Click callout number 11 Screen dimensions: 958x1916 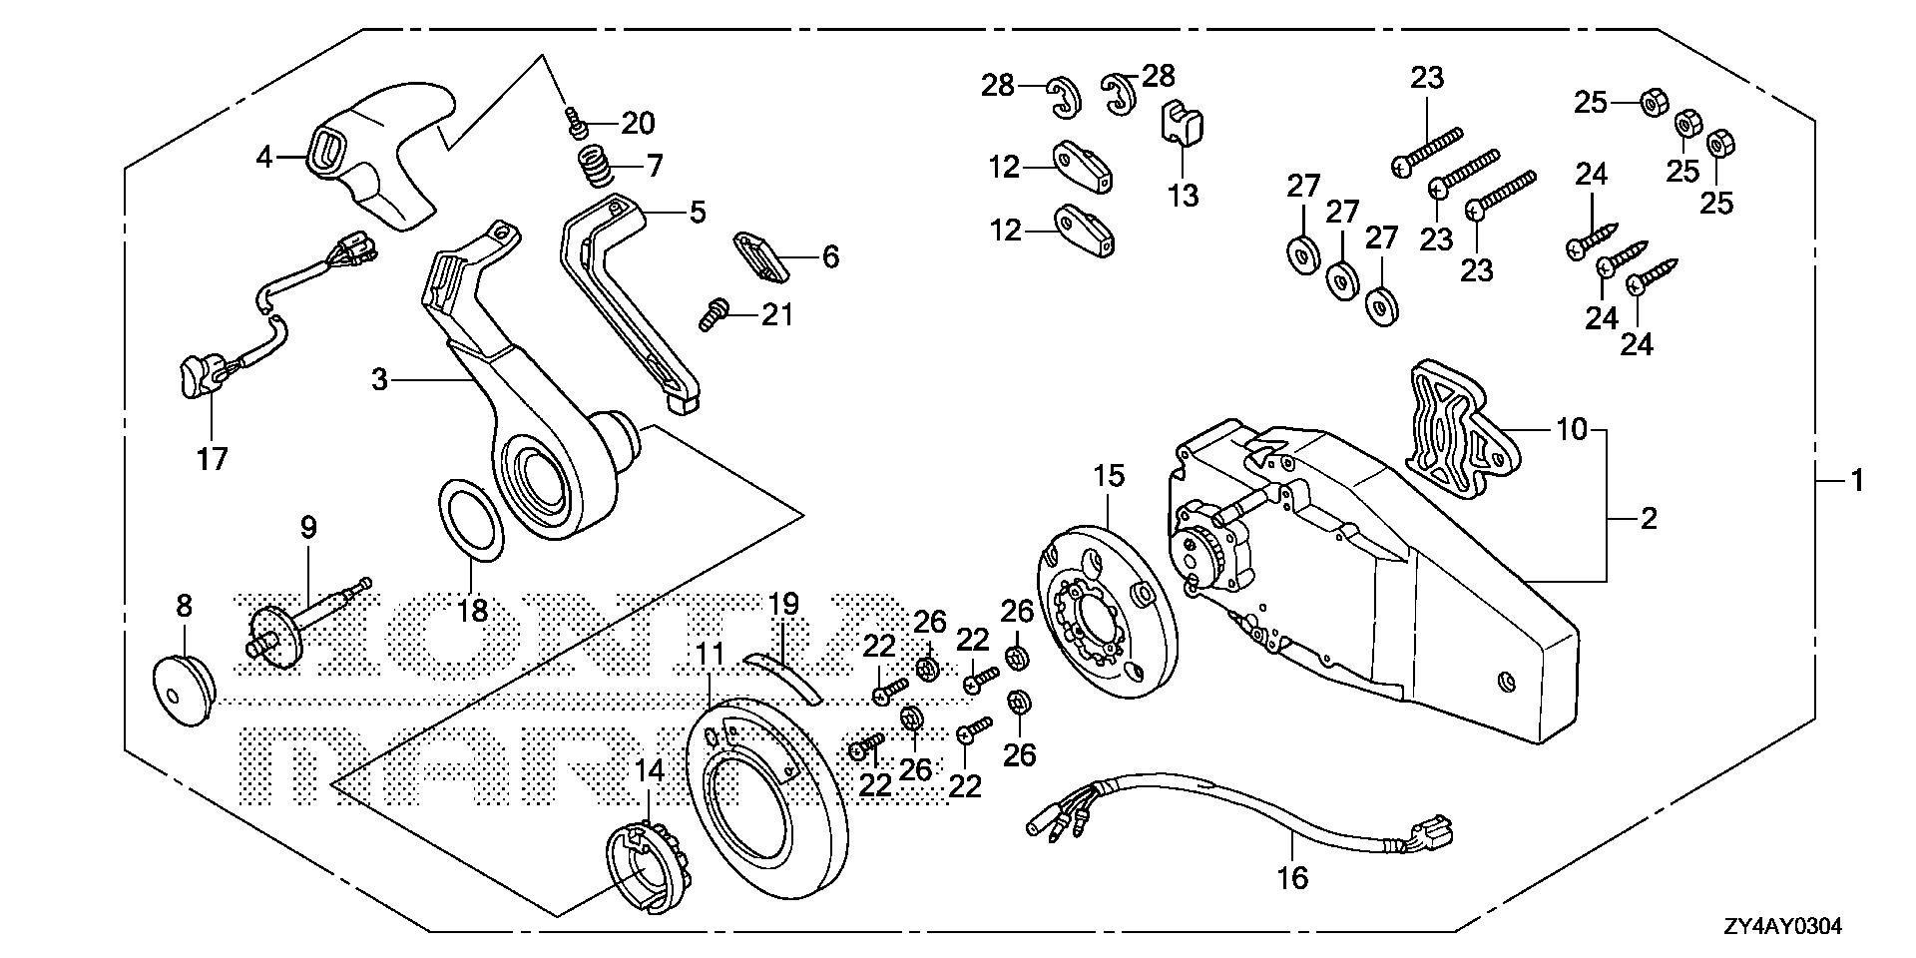pos(710,656)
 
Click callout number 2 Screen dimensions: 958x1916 pos(1648,519)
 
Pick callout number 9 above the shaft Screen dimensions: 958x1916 pos(307,527)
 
